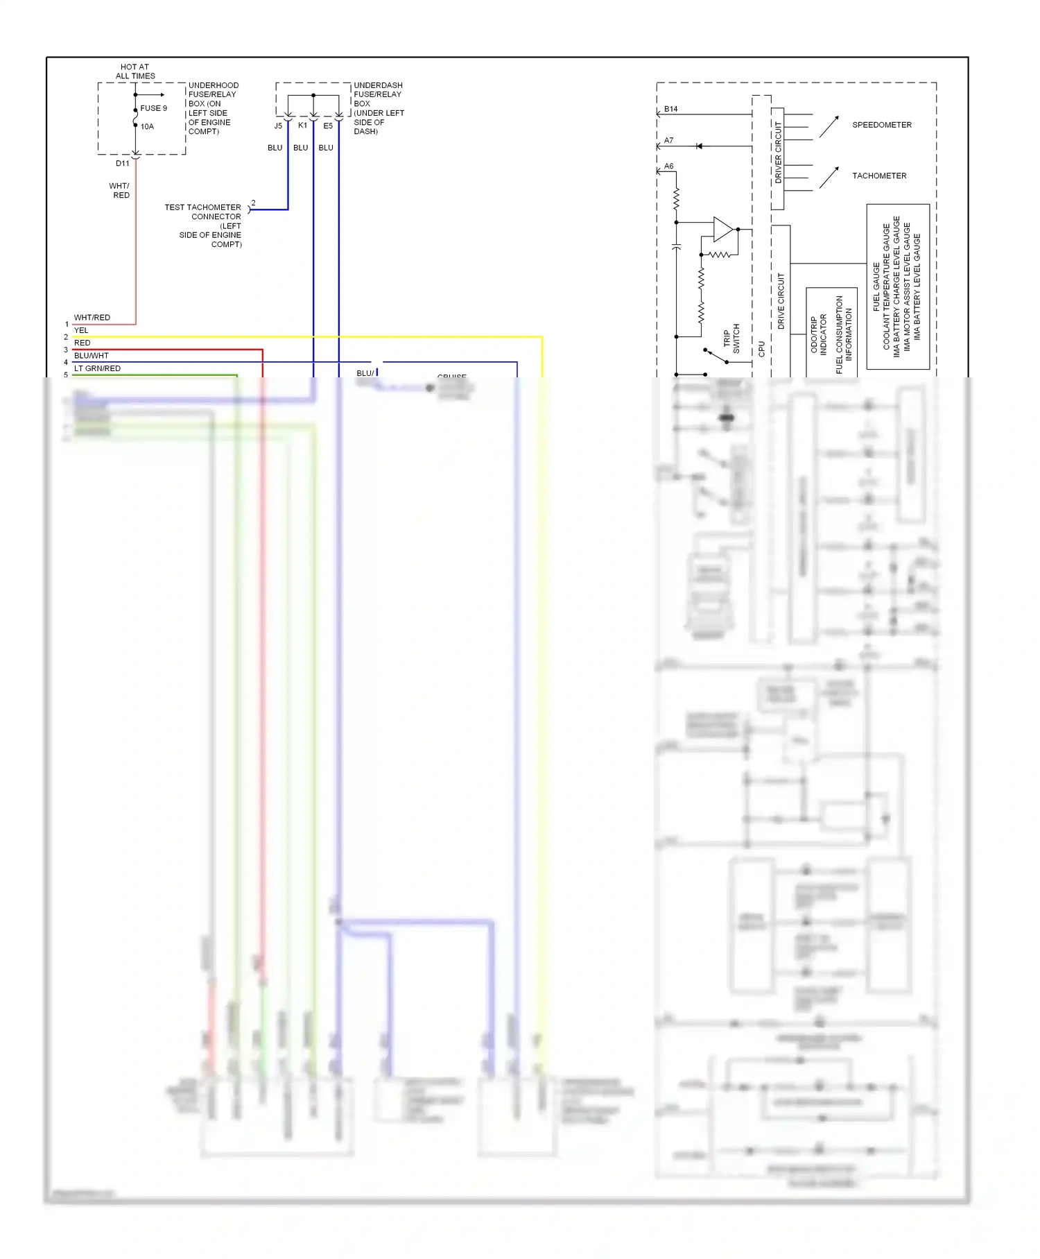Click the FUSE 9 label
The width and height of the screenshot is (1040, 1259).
click(x=153, y=108)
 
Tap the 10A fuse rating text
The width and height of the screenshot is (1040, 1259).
click(x=147, y=126)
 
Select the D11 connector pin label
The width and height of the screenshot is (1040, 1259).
click(x=122, y=164)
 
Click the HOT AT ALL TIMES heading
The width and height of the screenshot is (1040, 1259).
click(x=135, y=71)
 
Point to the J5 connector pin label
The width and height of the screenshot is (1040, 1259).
click(x=278, y=126)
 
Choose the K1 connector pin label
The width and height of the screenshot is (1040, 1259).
click(x=302, y=126)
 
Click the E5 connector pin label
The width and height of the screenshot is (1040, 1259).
click(x=328, y=126)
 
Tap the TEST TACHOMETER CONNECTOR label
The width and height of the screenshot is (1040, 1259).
click(x=203, y=212)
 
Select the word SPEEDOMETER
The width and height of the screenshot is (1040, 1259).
click(x=881, y=125)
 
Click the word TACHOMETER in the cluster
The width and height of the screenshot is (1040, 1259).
click(x=879, y=175)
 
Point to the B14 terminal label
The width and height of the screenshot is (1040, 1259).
click(x=670, y=109)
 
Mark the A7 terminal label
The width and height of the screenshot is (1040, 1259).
click(x=668, y=140)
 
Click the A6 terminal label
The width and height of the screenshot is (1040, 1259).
click(x=668, y=166)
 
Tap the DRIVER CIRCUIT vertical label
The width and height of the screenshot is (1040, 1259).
click(x=778, y=153)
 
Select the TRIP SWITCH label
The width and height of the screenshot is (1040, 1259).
click(x=731, y=339)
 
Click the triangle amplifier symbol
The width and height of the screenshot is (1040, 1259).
click(x=722, y=229)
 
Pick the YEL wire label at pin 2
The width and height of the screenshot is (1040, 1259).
click(x=81, y=330)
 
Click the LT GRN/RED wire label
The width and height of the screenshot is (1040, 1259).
click(x=97, y=368)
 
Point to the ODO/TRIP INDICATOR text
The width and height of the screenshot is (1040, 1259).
click(x=819, y=334)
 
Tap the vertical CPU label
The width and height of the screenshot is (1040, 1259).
click(x=761, y=348)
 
